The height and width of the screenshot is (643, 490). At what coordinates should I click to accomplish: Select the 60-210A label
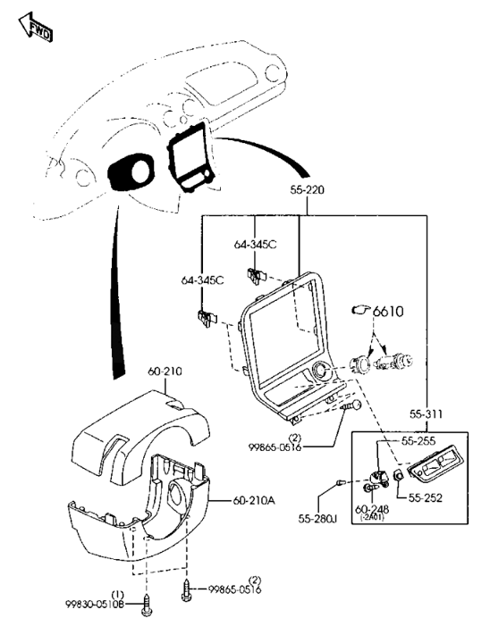point(256,499)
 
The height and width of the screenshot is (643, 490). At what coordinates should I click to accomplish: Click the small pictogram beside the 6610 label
point(361,311)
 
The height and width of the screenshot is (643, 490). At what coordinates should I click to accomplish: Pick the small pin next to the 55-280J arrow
point(338,485)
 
